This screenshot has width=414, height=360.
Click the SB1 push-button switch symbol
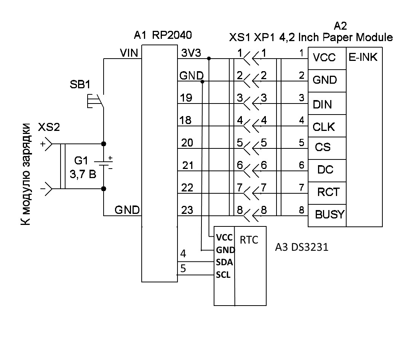(96, 101)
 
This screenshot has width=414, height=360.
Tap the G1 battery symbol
(104, 163)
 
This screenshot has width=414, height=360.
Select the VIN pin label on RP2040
(129, 53)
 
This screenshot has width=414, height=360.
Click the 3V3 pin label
(191, 53)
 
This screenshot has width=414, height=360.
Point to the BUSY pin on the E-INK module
(330, 214)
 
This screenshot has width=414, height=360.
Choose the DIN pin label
(322, 105)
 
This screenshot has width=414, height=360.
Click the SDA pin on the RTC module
(224, 262)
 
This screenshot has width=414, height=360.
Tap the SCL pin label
(223, 275)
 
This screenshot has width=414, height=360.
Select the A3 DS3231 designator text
(302, 247)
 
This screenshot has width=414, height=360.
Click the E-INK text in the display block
(363, 57)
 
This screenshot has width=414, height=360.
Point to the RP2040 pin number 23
(187, 210)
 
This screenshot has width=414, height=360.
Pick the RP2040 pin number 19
(186, 98)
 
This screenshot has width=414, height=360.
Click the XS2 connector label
(49, 127)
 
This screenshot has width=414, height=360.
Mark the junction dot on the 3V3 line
(209, 58)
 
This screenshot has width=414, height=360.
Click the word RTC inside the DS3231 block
(249, 240)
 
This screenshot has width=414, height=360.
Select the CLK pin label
(324, 127)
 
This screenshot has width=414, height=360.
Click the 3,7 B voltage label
(83, 174)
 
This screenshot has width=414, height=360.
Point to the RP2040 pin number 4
(183, 254)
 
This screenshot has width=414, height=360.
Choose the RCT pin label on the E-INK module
(328, 192)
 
